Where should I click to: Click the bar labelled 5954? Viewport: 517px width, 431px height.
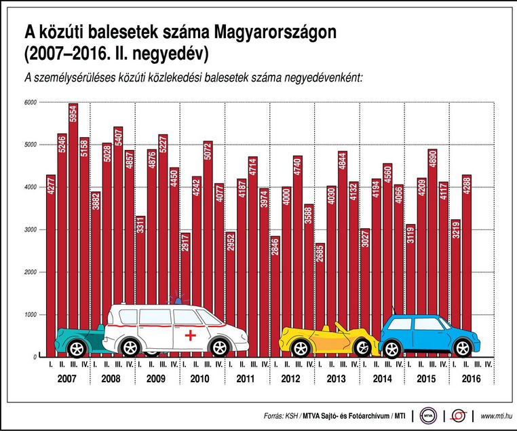pyautogui.click(x=73, y=204)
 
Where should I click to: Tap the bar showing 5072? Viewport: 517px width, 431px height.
pyautogui.click(x=208, y=224)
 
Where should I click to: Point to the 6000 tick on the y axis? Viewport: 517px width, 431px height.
pyautogui.click(x=31, y=102)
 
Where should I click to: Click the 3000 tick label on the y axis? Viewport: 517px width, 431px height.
pyautogui.click(x=31, y=230)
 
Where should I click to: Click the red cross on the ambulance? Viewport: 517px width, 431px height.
pyautogui.click(x=191, y=335)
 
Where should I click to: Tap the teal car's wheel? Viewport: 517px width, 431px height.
pyautogui.click(x=77, y=349)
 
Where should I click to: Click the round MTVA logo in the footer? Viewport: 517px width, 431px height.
pyautogui.click(x=427, y=415)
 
